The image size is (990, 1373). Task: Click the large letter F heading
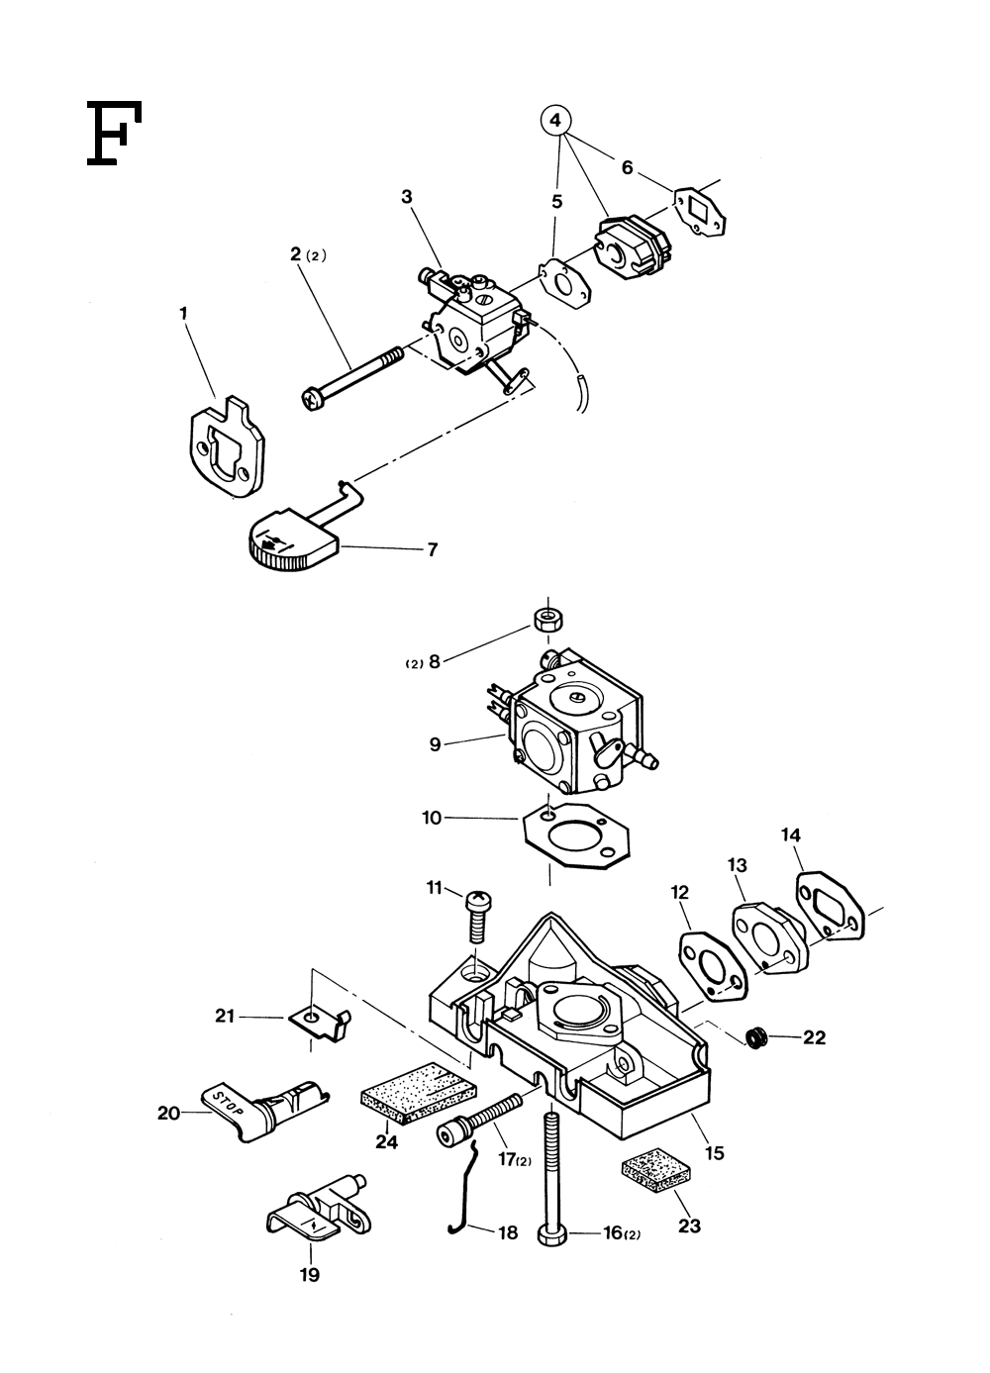(x=114, y=133)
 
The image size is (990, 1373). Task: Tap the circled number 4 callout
(x=555, y=121)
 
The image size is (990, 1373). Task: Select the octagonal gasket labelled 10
(x=576, y=836)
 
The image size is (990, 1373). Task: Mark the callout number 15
(x=715, y=1153)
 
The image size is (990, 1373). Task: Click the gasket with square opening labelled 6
(x=700, y=212)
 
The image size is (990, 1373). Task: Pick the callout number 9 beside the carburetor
(x=435, y=744)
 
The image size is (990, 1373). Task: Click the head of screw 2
(x=312, y=400)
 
